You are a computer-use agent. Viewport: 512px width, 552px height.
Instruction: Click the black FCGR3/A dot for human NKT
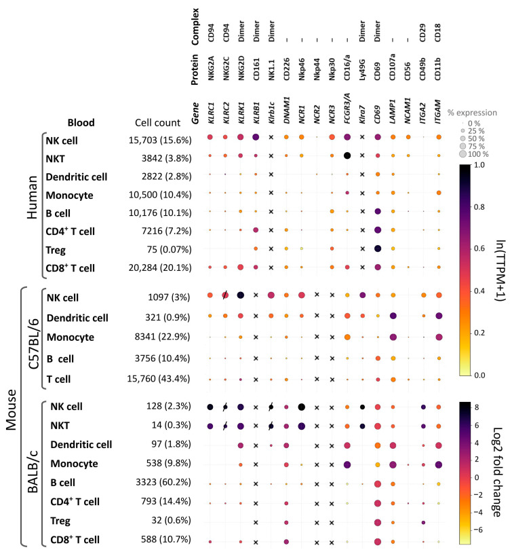tap(347, 155)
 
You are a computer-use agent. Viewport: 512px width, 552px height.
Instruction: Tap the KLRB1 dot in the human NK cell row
tap(256, 137)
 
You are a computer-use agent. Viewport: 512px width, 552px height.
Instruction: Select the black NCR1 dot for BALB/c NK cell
tap(301, 407)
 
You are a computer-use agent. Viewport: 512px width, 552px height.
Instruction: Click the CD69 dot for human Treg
tap(378, 249)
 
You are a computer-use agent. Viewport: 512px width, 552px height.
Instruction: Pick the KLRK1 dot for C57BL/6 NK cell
tap(241, 295)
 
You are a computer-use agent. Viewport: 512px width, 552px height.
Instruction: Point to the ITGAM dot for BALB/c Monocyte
tap(439, 464)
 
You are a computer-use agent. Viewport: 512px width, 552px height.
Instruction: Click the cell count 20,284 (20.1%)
tap(160, 268)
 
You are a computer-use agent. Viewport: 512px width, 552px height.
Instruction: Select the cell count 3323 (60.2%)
tap(163, 482)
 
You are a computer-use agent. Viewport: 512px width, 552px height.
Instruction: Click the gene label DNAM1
tap(287, 110)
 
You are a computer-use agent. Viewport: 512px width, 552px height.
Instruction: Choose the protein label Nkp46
tap(302, 69)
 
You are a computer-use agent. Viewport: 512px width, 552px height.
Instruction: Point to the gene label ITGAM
tap(438, 111)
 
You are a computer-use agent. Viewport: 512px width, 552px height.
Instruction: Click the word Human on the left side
tap(32, 198)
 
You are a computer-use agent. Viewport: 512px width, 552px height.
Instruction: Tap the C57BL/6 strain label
tap(34, 339)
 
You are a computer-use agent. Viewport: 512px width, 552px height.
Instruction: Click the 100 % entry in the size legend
tap(474, 154)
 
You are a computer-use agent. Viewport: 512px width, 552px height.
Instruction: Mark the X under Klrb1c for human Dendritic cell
tap(271, 174)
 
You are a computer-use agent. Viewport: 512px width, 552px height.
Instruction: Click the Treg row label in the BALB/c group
tap(60, 521)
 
